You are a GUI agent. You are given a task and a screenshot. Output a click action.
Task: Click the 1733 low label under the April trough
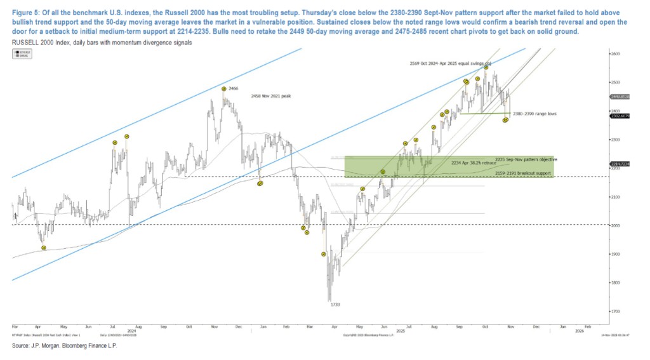[x=336, y=305]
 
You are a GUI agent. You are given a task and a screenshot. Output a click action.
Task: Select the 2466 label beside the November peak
[x=233, y=89]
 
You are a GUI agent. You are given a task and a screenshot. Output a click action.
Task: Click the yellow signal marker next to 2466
[x=224, y=88]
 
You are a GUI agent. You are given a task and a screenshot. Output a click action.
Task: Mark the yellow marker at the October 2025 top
[x=486, y=67]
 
